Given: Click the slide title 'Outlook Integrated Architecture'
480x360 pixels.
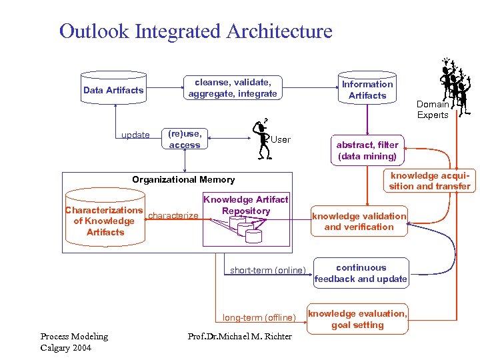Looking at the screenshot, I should [195, 31].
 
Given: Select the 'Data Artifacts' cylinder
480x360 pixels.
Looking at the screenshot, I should [113, 90].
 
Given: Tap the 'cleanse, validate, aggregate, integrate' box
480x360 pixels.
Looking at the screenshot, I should [232, 88].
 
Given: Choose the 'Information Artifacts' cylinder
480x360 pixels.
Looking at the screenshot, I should [367, 89].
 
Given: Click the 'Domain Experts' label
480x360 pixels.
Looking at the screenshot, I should [433, 109].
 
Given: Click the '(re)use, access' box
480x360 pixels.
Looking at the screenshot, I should [185, 139].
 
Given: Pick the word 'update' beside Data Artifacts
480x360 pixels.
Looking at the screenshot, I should [135, 135].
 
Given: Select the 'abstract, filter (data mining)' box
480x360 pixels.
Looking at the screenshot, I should [367, 151].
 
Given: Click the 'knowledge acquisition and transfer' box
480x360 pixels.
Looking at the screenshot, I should [429, 181].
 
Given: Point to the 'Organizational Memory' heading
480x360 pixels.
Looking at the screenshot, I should [183, 179].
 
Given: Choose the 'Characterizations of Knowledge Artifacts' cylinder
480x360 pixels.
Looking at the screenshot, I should [105, 221].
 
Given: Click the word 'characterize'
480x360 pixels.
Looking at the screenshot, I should [173, 215].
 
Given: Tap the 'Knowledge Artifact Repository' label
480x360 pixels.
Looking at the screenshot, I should [245, 205].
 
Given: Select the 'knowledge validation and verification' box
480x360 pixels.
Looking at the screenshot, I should [359, 221].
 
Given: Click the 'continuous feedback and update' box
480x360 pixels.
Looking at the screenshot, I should [361, 273].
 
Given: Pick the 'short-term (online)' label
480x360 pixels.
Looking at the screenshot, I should [267, 270].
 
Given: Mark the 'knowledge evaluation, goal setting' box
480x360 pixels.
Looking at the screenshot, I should [357, 319].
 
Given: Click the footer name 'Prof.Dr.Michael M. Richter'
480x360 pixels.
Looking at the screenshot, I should [240, 336].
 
